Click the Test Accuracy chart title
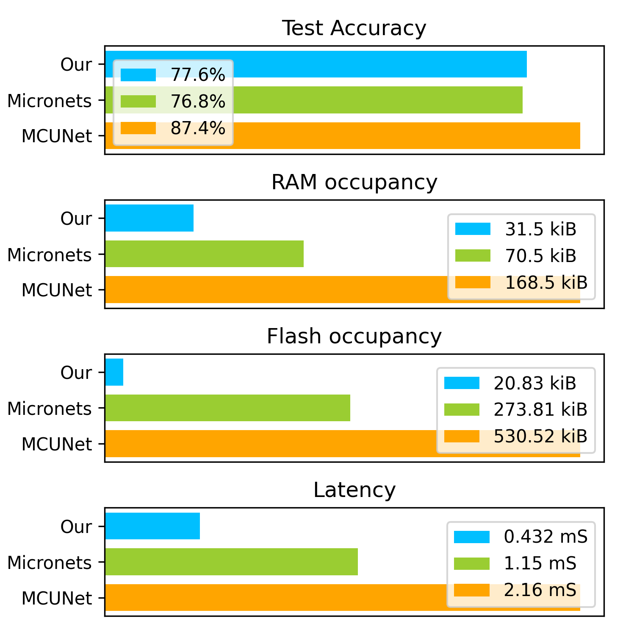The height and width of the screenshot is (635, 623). click(x=354, y=28)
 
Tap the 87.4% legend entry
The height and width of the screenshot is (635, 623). click(x=198, y=128)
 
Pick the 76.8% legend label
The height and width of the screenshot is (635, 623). click(x=198, y=102)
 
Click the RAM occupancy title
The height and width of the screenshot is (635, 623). click(x=354, y=182)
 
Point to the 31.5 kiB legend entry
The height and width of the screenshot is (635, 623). click(x=540, y=229)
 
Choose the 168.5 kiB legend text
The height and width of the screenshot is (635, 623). click(x=546, y=282)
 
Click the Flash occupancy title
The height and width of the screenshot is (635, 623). click(x=354, y=337)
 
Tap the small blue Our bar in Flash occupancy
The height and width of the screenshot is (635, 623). click(x=114, y=372)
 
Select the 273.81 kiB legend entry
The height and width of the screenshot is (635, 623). click(x=540, y=409)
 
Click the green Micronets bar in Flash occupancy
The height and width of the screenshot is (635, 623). click(x=227, y=408)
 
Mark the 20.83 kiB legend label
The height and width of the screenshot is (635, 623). click(x=535, y=383)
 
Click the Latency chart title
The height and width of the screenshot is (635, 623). click(x=354, y=490)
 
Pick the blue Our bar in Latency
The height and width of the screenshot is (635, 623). click(x=152, y=526)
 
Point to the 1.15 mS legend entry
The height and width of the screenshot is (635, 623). click(x=540, y=563)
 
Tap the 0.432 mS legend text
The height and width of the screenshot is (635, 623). click(x=545, y=537)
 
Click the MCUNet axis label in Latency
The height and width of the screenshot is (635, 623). click(x=57, y=598)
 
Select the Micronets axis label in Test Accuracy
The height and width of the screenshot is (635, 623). click(x=50, y=101)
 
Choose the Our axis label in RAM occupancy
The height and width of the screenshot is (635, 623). click(x=76, y=218)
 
